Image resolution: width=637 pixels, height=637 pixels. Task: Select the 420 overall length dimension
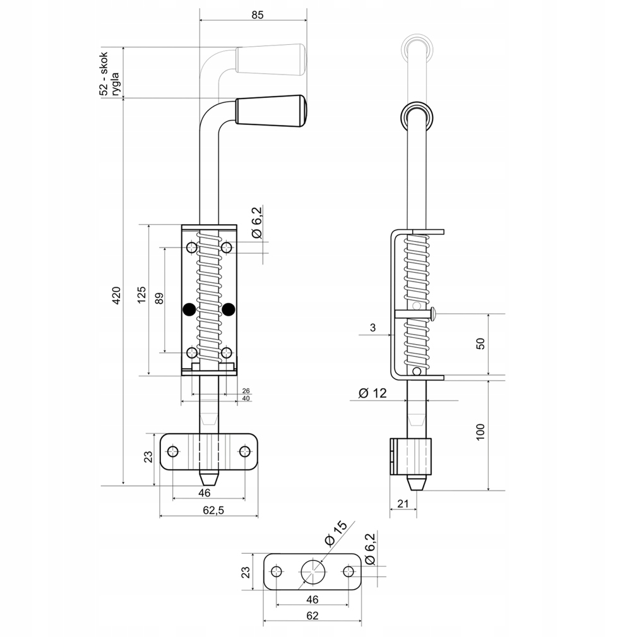(x=116, y=296)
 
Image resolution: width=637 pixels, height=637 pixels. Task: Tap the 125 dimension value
(x=141, y=295)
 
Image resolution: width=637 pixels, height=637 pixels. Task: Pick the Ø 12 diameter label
(x=372, y=393)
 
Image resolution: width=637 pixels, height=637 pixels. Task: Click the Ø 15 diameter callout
(x=335, y=533)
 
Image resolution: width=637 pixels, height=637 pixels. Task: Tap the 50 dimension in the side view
(x=480, y=345)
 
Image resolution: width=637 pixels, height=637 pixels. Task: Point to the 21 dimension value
(x=403, y=503)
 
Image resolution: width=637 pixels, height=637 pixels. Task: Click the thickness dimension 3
(x=373, y=327)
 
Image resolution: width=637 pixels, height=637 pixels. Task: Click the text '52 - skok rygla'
(x=109, y=74)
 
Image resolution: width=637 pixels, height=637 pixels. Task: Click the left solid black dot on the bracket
(x=189, y=309)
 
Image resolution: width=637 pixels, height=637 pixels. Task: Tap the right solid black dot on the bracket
(x=229, y=309)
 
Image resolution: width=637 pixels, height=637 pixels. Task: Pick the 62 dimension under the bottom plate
(x=311, y=616)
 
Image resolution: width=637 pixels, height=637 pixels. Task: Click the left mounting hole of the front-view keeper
(x=172, y=451)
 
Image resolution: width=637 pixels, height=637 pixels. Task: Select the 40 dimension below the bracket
(x=246, y=399)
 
